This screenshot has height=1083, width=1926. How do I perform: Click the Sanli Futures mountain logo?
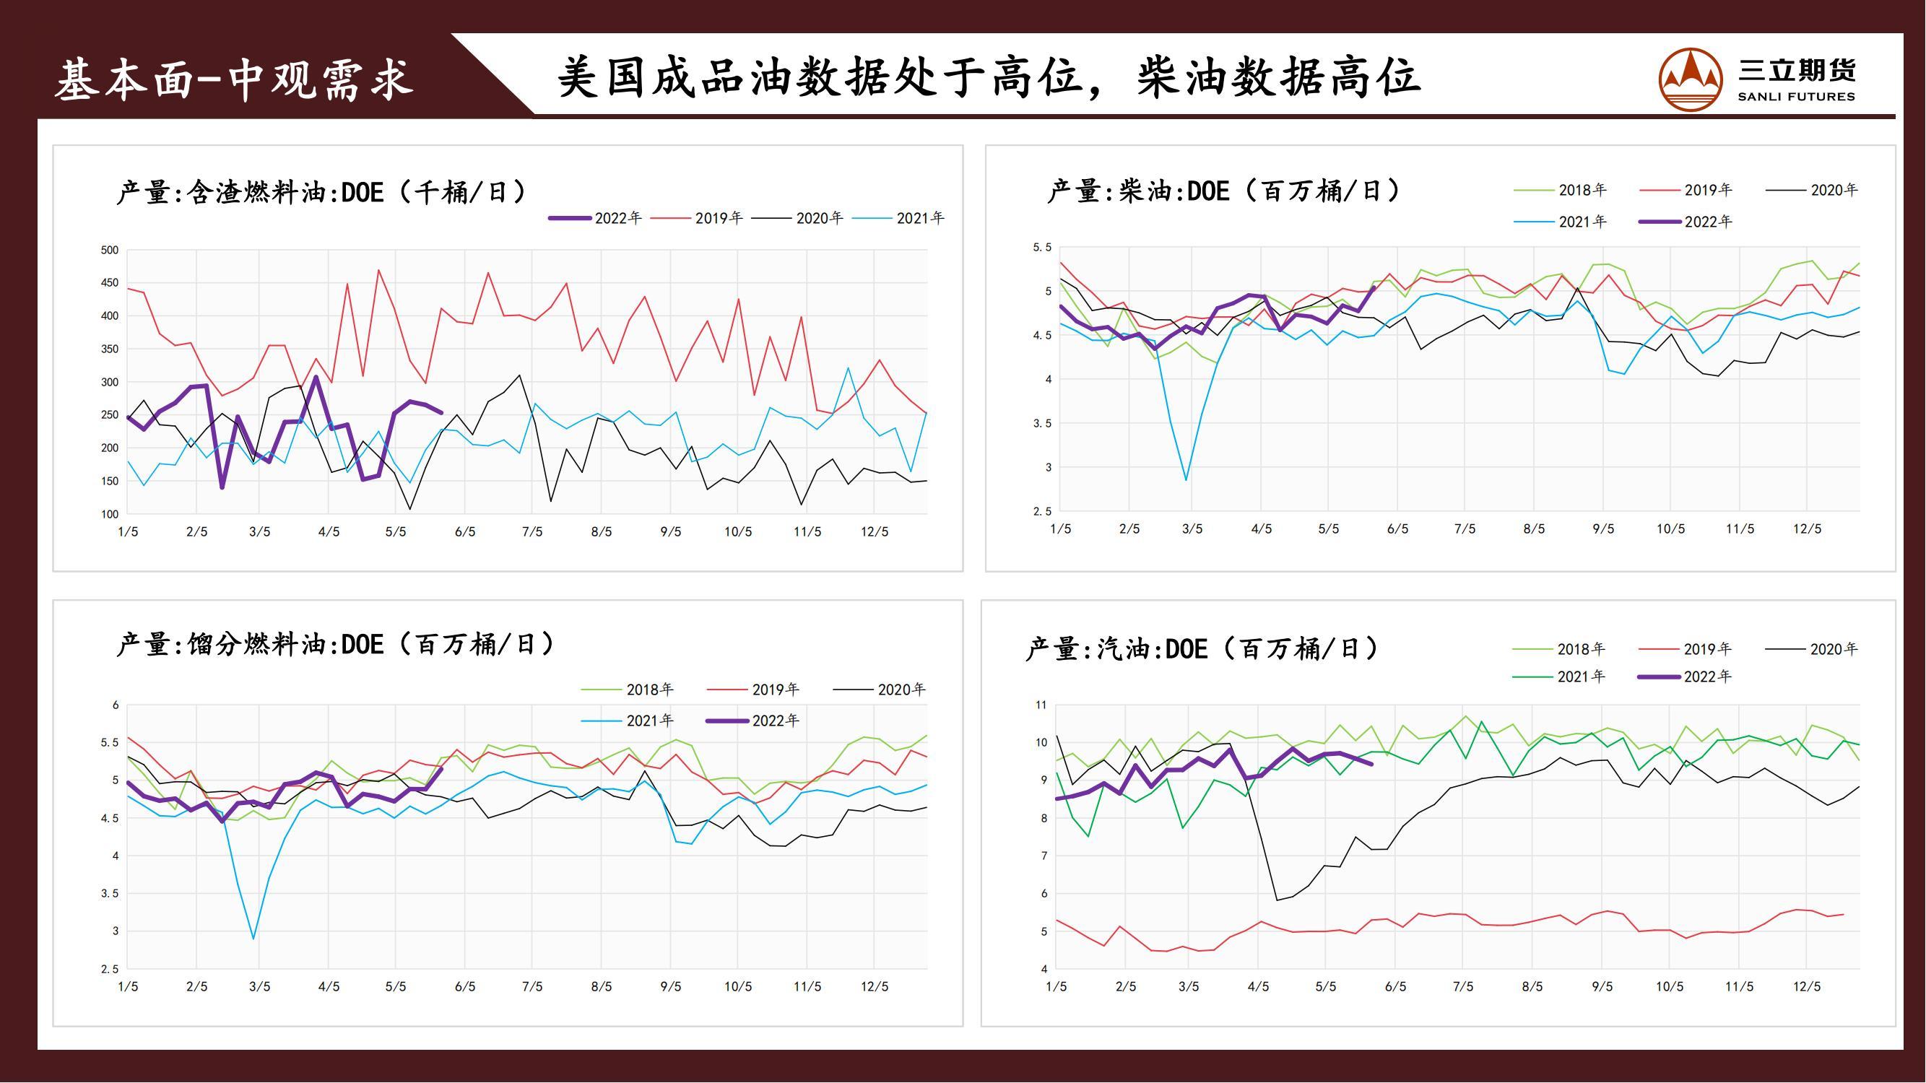pos(1690,79)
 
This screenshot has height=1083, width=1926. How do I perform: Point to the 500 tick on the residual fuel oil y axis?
pos(109,251)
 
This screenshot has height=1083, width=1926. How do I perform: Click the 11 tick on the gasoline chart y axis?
pos(1041,705)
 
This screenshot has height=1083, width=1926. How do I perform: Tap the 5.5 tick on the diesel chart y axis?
pos(1042,248)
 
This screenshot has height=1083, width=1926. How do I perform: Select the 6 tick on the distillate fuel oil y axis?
pos(115,705)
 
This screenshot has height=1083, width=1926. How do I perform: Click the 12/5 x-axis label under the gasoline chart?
pos(1806,986)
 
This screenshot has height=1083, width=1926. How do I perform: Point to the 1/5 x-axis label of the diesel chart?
pos(1060,529)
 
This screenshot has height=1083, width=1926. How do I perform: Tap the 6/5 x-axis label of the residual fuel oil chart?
pos(465,532)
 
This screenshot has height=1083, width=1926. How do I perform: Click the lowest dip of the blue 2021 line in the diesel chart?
pos(1187,480)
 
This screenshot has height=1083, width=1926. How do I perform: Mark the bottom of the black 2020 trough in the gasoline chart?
pos(1275,900)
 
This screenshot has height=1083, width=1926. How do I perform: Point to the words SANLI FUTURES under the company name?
pos(1796,97)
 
